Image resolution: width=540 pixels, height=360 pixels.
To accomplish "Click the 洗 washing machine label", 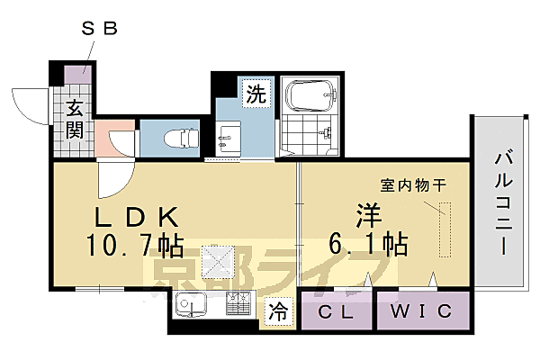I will click(x=256, y=94).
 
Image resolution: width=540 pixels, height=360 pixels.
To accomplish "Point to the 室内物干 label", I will click(x=413, y=185).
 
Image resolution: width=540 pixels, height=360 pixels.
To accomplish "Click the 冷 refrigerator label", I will click(x=279, y=312).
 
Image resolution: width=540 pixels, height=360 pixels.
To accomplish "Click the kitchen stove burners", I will click(x=239, y=307).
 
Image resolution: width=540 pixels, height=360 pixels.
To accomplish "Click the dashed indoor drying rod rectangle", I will click(x=442, y=229).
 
